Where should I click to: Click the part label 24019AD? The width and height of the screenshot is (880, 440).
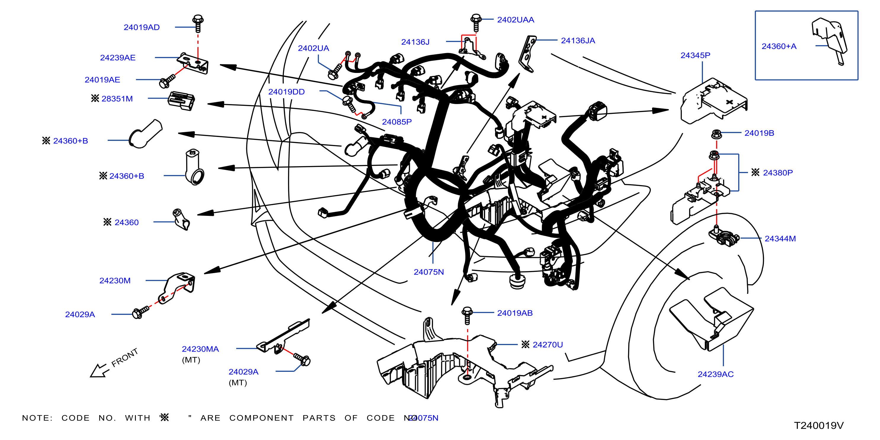(141, 27)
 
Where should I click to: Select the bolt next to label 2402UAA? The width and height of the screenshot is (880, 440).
(476, 22)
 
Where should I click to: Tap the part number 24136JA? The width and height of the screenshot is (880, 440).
(578, 41)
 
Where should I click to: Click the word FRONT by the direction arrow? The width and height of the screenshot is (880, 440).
(125, 357)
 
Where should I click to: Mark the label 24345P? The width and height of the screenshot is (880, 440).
(695, 55)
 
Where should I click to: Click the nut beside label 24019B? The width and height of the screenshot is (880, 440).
(716, 134)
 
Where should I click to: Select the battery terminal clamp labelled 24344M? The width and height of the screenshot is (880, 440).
(723, 236)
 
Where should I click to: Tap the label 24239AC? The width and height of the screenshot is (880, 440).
(715, 374)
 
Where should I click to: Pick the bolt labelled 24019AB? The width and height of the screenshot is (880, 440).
(467, 315)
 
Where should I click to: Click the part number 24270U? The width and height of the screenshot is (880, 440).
(547, 345)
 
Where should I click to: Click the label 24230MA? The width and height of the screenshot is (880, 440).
(200, 349)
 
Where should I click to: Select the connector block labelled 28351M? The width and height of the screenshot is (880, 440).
(181, 101)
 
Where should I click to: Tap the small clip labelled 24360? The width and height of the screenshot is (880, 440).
(181, 219)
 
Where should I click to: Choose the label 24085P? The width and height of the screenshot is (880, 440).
(397, 122)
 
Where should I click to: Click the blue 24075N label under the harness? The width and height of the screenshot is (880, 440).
(429, 272)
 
